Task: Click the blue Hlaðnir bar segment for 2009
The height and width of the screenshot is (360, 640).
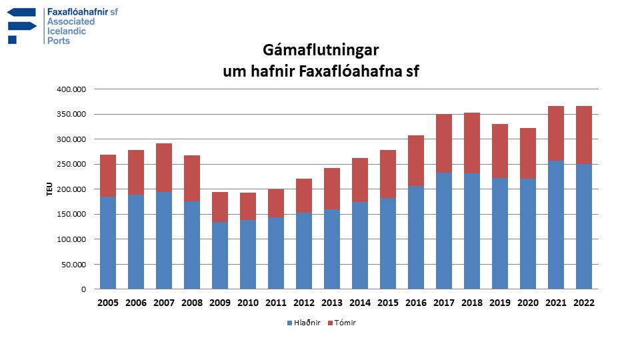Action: [220, 255]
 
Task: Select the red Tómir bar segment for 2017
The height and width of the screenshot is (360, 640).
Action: [444, 143]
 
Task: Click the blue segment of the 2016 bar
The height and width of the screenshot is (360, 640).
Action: [416, 237]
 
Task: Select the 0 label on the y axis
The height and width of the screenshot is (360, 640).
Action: [83, 289]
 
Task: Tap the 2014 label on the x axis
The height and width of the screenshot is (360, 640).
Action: [360, 303]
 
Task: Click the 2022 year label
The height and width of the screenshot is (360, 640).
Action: [584, 303]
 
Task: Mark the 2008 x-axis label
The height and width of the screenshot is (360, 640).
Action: [192, 303]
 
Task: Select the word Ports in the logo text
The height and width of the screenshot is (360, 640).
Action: [59, 41]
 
